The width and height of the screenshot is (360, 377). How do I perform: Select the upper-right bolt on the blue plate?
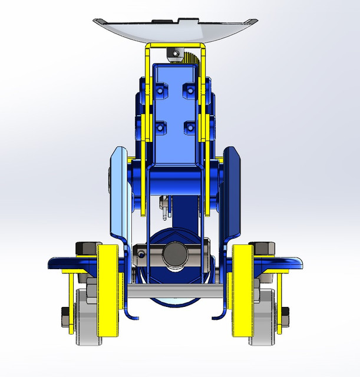(189, 89)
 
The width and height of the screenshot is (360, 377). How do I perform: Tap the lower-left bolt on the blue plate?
(161, 127)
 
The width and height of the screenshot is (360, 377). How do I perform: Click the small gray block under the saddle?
(173, 54)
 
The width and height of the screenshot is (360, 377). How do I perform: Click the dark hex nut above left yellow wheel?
(85, 250)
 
